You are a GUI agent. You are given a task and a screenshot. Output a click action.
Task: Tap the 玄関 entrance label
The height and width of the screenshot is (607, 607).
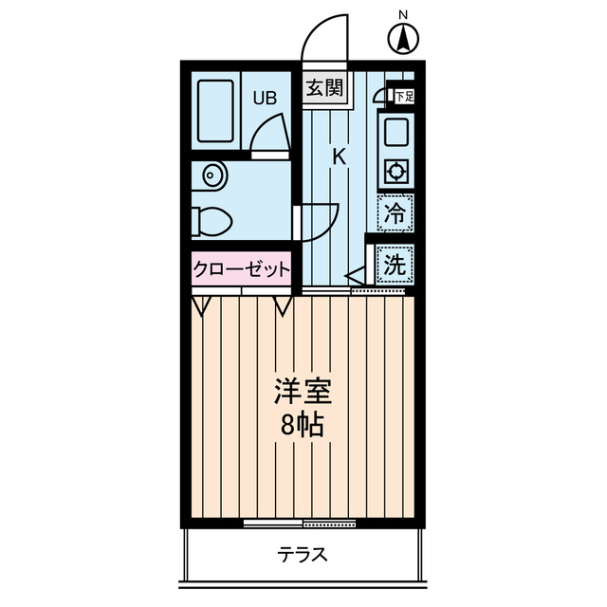coord(323,89)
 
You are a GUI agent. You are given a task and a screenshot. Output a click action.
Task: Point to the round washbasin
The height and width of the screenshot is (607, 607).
coord(212,177)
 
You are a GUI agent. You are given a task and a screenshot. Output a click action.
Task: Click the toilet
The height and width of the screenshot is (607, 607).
coord(211,221)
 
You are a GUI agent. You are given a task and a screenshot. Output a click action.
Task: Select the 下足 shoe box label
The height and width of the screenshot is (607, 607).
coord(405,96)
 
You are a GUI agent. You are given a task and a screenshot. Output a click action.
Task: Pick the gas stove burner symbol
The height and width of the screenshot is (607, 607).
coord(395,172)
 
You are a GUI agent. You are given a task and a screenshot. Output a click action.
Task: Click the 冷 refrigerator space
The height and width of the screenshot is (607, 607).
coord(396,212)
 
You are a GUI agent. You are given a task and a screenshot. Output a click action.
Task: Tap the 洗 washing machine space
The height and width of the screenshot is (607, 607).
coord(395,265)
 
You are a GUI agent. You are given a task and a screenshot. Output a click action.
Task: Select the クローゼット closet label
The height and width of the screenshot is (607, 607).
coord(241,269)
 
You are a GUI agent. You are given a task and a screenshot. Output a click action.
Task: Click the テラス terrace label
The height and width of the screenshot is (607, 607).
coord(303,555)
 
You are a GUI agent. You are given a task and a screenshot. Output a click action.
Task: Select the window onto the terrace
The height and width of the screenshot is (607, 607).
coord(299,523)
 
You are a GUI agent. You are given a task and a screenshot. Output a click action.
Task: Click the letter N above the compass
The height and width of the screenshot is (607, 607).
coord(404,14)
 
